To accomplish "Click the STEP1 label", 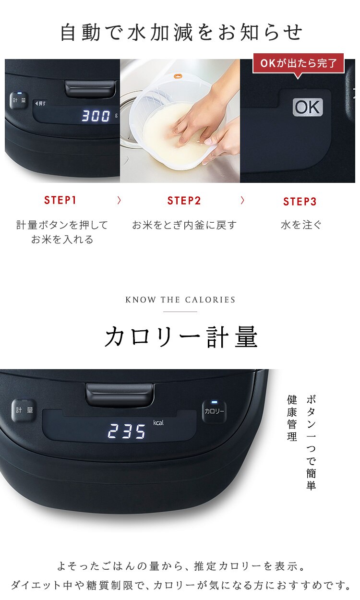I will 60,201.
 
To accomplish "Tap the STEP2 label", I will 184,201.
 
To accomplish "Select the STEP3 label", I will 300,202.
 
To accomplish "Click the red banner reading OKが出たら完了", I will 299,63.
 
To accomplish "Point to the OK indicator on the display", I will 308,107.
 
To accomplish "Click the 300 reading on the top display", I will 96,116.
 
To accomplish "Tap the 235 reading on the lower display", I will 127,432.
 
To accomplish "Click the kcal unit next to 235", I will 158,423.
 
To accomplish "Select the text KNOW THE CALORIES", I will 180,300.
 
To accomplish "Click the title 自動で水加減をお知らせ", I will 181,33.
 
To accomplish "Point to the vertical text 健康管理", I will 292,418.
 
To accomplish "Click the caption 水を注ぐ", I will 301,225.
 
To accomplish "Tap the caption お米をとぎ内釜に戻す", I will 184,225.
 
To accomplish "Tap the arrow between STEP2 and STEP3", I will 242,201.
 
